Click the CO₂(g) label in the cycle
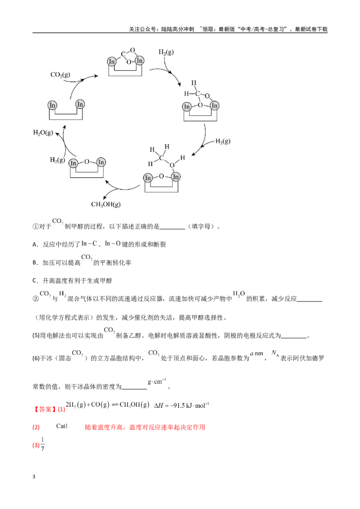pyautogui.click(x=60, y=75)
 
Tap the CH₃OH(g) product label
pyautogui.click(x=106, y=205)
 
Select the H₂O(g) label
pyautogui.click(x=43, y=133)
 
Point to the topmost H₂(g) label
pyautogui.click(x=166, y=52)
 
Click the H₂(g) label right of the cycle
pyautogui.click(x=223, y=141)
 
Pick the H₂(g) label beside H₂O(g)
pyautogui.click(x=57, y=160)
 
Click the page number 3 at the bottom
pyautogui.click(x=34, y=477)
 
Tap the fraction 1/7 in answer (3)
pyautogui.click(x=43, y=444)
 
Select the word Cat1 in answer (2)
pyautogui.click(x=62, y=426)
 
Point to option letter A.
pyautogui.click(x=35, y=245)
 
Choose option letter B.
pyautogui.click(x=35, y=263)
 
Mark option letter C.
pyautogui.click(x=35, y=281)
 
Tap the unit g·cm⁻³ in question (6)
pyautogui.click(x=157, y=381)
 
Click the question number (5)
pyautogui.click(x=36, y=335)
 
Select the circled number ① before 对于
pyautogui.click(x=36, y=227)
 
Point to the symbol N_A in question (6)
pyautogui.click(x=275, y=353)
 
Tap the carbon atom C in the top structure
pyautogui.click(x=123, y=54)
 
